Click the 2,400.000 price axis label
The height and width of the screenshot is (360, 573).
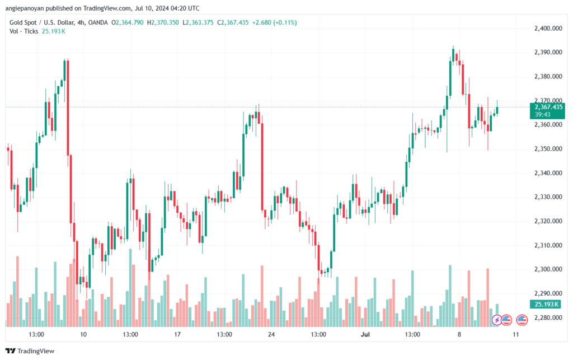click(548, 29)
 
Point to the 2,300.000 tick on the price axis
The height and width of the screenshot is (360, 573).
click(548, 269)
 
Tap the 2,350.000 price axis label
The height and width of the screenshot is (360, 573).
click(548, 149)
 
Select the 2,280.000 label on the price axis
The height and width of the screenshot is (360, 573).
click(548, 317)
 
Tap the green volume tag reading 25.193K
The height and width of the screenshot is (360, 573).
click(546, 304)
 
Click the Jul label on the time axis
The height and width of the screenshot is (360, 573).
click(365, 334)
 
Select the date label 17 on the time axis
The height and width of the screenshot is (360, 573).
click(177, 334)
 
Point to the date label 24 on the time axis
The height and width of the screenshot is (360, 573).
click(271, 334)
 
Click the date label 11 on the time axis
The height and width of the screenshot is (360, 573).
click(515, 334)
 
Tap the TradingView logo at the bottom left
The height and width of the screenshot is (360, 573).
click(30, 351)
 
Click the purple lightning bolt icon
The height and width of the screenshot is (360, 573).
click(497, 320)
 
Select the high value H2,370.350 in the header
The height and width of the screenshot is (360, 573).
click(163, 22)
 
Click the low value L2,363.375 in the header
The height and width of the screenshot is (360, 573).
click(198, 22)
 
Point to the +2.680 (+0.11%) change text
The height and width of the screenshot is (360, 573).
click(274, 22)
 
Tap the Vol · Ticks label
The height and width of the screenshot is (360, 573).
click(24, 31)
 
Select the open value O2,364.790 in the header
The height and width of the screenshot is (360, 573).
click(128, 22)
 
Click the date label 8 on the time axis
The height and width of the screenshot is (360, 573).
click(459, 334)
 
